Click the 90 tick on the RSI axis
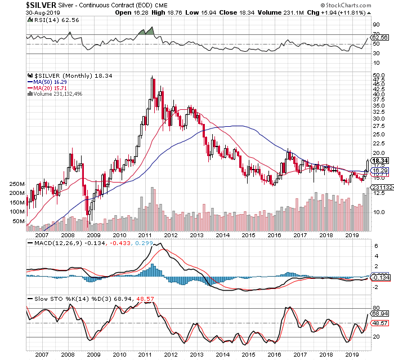(373, 25)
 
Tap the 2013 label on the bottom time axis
(196, 355)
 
